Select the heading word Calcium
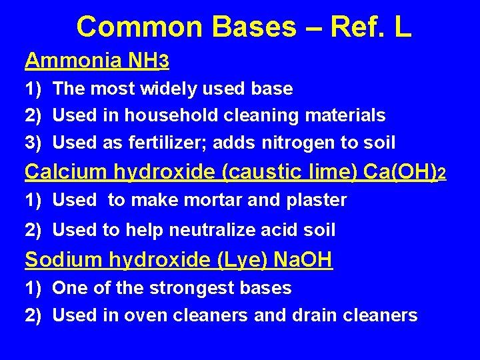coord(65,171)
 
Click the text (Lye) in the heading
coord(241,260)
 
